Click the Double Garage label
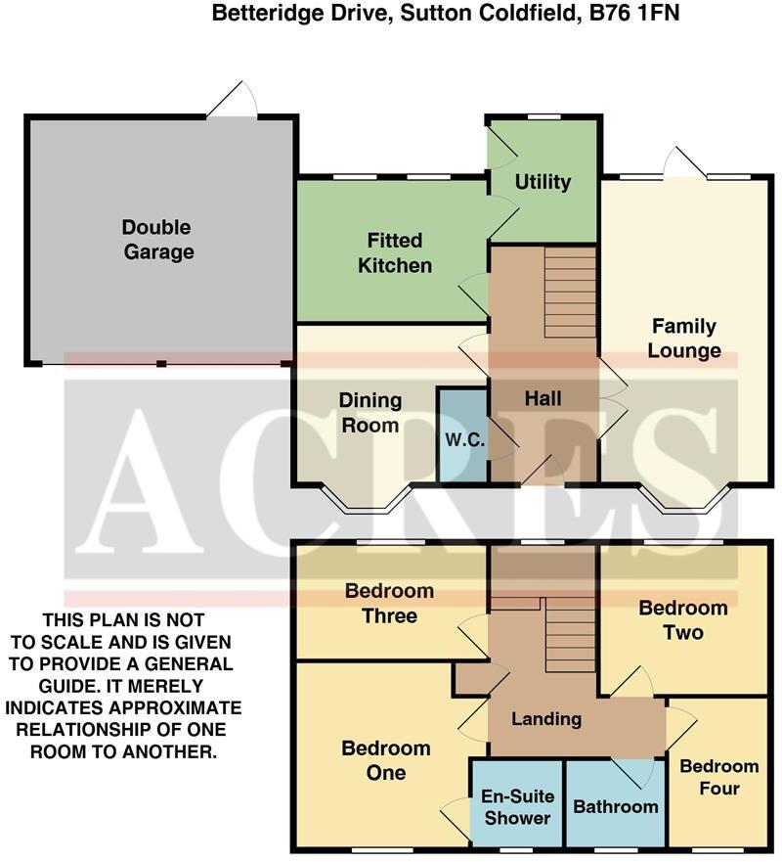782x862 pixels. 157,240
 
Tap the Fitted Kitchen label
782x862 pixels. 395,252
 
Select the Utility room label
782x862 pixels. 543,182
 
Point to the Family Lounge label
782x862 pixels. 684,338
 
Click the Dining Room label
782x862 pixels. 369,412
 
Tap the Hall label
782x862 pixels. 543,398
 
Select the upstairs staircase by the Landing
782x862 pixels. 570,636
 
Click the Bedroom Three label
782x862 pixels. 388,603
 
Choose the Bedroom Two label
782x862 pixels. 682,619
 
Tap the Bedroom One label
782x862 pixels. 386,760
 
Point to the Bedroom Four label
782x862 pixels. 719,777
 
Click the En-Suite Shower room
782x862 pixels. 518,807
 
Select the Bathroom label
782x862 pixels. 615,807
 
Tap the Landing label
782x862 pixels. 546,719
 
